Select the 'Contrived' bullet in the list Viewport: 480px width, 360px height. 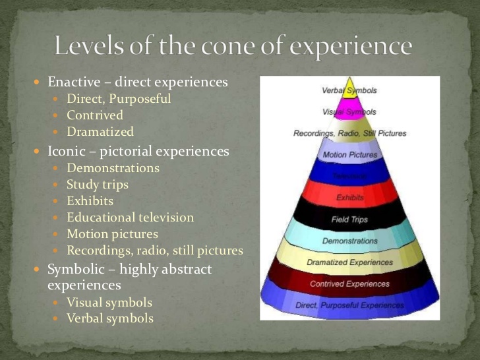[x=95, y=115]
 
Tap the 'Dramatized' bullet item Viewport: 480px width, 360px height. [x=100, y=132]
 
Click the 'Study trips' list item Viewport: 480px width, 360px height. [x=98, y=185]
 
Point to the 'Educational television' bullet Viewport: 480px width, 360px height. [x=131, y=218]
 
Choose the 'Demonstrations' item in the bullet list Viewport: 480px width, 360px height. [x=113, y=168]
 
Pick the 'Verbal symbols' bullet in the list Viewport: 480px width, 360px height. [x=110, y=319]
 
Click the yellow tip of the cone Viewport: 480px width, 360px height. [x=349, y=88]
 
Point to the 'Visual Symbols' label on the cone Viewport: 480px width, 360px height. [x=349, y=111]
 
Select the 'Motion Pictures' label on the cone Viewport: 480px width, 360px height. [x=350, y=155]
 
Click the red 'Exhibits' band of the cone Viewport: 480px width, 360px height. [x=350, y=197]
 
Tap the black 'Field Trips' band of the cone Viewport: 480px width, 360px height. [x=349, y=219]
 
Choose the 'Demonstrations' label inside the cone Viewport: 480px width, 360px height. [x=350, y=241]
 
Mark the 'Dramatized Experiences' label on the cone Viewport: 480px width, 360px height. [x=349, y=262]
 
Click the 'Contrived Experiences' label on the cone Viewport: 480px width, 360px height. [x=349, y=284]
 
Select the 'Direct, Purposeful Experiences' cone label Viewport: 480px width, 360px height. [x=349, y=305]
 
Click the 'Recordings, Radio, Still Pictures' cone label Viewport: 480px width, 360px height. [x=349, y=133]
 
